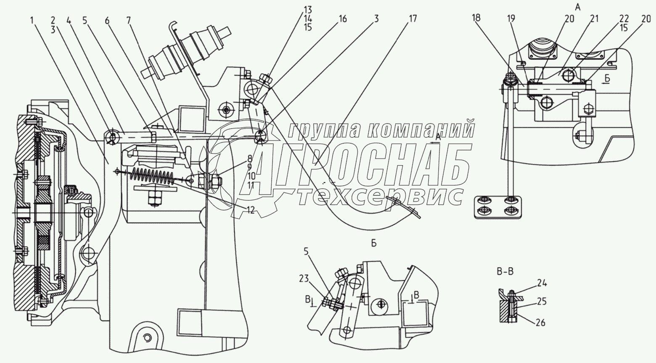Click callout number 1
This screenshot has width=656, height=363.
click(x=33, y=19)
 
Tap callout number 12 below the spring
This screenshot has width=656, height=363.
click(x=251, y=210)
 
